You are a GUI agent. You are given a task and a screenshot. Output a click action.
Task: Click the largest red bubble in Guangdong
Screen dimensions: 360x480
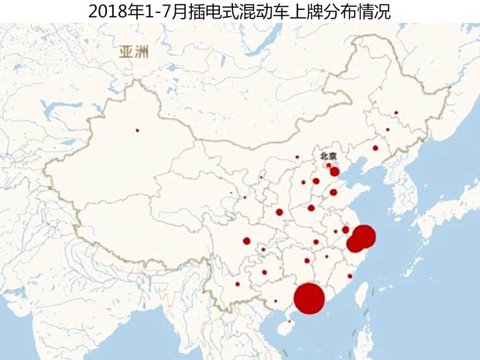point(309,299)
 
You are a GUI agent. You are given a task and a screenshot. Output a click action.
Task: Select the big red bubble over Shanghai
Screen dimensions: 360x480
point(364,236)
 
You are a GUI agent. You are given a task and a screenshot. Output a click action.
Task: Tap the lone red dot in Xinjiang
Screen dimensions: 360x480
point(138,129)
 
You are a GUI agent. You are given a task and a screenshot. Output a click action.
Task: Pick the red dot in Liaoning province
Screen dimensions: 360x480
point(375,148)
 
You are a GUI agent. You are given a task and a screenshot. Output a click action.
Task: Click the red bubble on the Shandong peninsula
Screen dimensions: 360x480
point(334,192)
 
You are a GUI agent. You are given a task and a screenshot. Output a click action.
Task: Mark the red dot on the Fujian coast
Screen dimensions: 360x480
point(350,276)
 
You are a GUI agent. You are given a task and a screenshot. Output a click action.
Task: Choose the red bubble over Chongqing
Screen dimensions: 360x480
point(247,241)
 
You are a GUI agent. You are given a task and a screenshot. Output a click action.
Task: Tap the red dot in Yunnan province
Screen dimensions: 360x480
point(237,283)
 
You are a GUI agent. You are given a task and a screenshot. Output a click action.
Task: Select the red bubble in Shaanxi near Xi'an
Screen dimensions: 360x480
point(279,212)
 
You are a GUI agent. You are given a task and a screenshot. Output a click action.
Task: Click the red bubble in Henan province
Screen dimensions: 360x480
point(311,207)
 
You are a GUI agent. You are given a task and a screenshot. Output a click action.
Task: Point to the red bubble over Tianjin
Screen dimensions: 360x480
point(334,171)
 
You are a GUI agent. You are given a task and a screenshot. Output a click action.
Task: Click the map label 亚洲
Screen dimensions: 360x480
point(134,53)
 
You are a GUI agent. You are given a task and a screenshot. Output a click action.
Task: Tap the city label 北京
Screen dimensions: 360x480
point(329,156)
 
